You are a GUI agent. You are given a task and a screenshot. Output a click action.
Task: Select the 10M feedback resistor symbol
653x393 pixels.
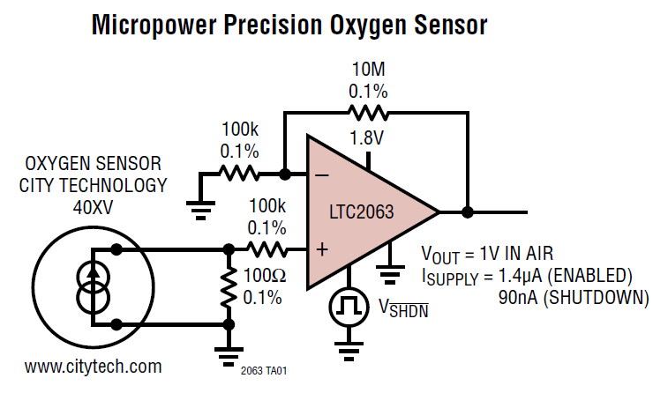pos(367,112)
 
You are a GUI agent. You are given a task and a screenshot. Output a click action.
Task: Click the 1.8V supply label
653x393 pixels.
pos(366,138)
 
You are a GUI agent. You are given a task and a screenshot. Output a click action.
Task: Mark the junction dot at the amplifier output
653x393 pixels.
pos(468,211)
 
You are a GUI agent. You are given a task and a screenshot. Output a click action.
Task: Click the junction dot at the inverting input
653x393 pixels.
pos(284,174)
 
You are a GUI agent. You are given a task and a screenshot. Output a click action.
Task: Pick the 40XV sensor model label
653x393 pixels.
pos(93,206)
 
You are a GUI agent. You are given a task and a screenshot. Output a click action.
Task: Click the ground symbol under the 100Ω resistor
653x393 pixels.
pos(229,350)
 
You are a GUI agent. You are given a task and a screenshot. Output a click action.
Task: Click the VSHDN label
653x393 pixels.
pos(402,308)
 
